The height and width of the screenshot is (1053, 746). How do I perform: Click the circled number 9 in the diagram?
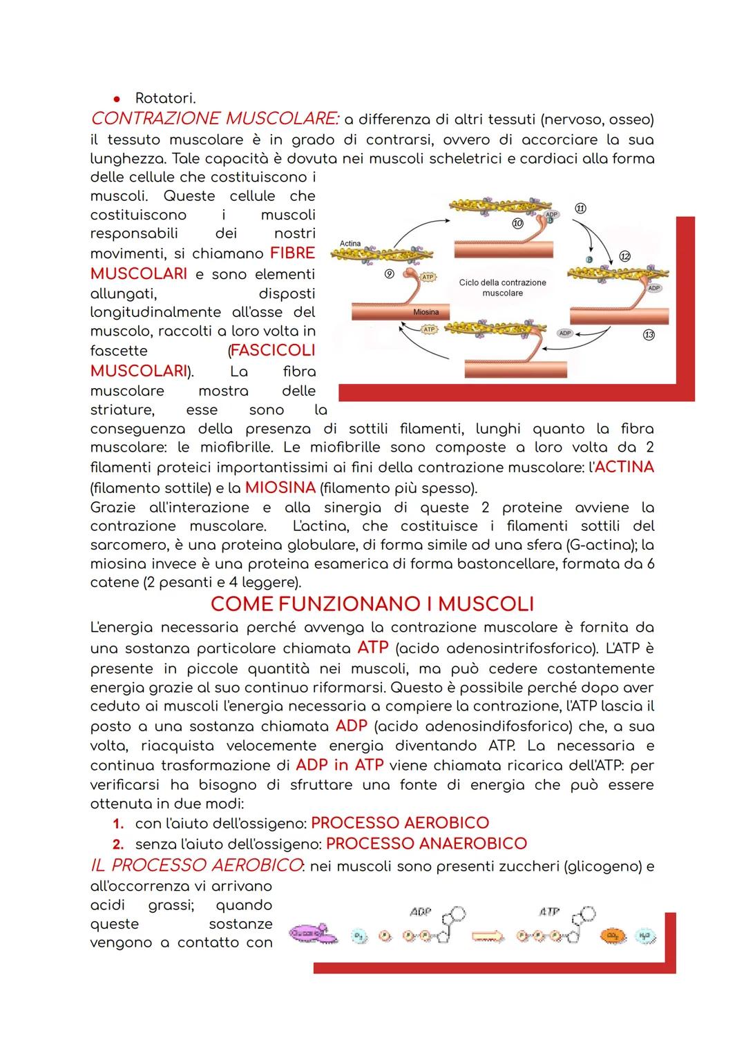[x=389, y=274]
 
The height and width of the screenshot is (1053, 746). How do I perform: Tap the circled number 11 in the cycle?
[x=580, y=209]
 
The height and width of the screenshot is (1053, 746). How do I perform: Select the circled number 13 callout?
[x=649, y=335]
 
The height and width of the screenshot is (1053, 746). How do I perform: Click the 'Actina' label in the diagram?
[x=350, y=243]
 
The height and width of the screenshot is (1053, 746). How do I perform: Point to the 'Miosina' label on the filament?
[x=425, y=312]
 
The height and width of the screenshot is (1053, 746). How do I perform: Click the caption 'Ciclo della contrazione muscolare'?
[x=502, y=288]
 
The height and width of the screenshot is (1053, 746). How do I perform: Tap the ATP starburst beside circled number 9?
[x=428, y=277]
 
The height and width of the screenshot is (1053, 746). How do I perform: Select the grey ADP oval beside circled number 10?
[x=551, y=215]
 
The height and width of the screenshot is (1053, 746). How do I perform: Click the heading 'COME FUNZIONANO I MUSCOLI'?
[x=372, y=604]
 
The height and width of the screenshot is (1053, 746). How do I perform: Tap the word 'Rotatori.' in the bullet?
[x=165, y=98]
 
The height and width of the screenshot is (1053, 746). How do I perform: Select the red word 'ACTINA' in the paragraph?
[x=624, y=467]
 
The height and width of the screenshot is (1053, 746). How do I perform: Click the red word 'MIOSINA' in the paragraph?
[x=280, y=487]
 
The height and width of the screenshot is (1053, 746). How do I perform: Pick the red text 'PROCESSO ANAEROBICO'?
[x=426, y=843]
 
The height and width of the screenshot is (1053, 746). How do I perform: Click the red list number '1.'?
[x=118, y=823]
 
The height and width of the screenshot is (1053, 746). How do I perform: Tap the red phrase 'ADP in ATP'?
[x=339, y=765]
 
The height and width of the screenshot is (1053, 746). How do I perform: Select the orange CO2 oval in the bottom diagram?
[x=611, y=936]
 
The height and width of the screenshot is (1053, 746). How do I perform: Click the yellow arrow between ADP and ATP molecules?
[x=488, y=936]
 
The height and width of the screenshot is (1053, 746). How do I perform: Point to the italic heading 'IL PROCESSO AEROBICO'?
[x=196, y=865]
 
